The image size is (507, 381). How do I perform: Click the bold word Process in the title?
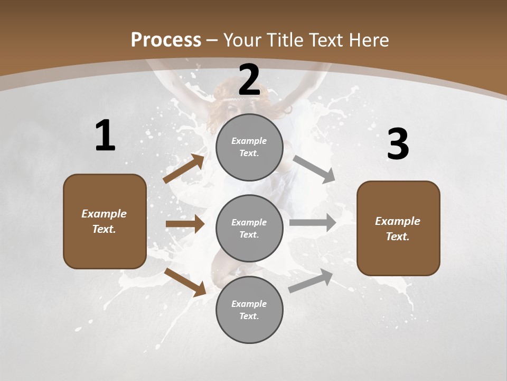coord(166,40)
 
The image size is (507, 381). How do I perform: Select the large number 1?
coord(105,136)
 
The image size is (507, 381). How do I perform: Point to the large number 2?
coord(249,80)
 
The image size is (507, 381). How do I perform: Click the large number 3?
coord(398,144)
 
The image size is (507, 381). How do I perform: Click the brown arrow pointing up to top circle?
coord(184,169)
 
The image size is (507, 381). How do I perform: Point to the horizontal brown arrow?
coord(185,224)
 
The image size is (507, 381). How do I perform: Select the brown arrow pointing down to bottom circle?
coord(185,282)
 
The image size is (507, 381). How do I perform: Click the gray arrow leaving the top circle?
coord(314,169)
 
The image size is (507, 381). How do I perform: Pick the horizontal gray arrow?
coord(313,222)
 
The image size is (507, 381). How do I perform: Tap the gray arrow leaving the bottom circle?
coord(311,281)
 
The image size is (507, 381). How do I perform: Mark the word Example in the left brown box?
coord(104,214)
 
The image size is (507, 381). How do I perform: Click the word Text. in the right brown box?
coord(398,237)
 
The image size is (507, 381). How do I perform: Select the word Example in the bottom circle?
coord(249,304)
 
